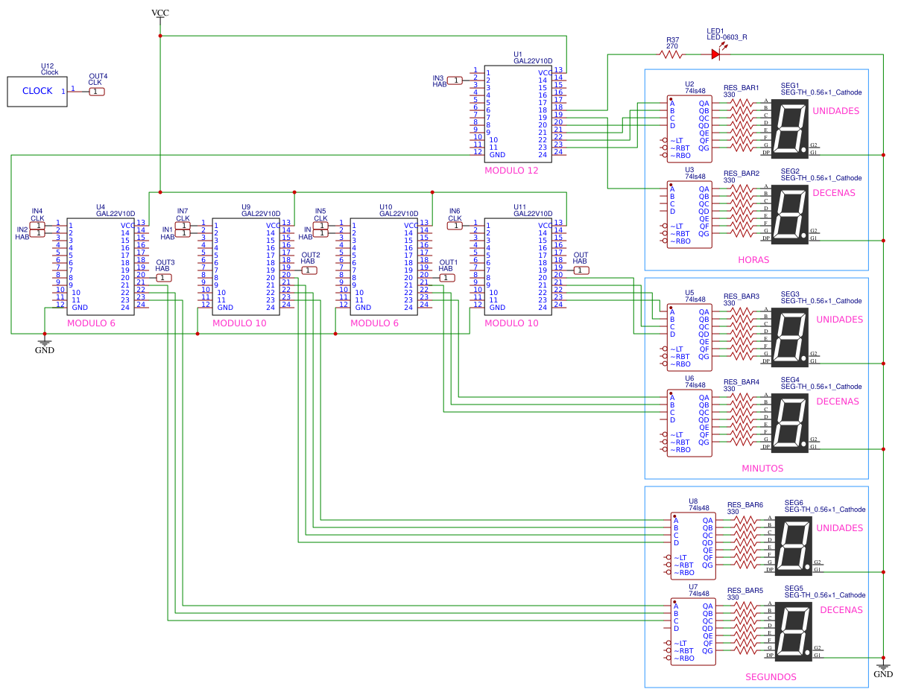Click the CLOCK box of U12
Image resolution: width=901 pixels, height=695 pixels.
(x=37, y=91)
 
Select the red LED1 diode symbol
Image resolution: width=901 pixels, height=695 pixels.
(x=715, y=54)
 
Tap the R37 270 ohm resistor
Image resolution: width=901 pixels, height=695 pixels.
(x=671, y=54)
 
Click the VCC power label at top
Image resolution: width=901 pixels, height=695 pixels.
(x=159, y=13)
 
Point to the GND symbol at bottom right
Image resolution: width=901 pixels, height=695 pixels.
(x=882, y=671)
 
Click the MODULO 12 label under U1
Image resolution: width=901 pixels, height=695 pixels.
(x=511, y=171)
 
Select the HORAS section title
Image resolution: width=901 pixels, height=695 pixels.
(x=753, y=260)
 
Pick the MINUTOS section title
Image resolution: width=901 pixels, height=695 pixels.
(x=762, y=469)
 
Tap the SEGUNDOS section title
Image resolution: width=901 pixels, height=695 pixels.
(x=771, y=677)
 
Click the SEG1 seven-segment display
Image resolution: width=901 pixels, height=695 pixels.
(x=790, y=128)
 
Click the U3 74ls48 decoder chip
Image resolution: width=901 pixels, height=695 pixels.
(x=689, y=211)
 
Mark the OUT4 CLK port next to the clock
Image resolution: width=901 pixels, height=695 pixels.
(x=97, y=91)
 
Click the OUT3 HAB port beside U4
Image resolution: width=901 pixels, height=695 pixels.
(x=164, y=277)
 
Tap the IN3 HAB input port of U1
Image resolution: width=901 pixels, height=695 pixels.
(x=455, y=80)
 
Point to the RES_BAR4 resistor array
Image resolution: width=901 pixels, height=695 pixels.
(x=742, y=419)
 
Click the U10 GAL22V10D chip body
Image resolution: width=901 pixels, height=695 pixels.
(x=384, y=266)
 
